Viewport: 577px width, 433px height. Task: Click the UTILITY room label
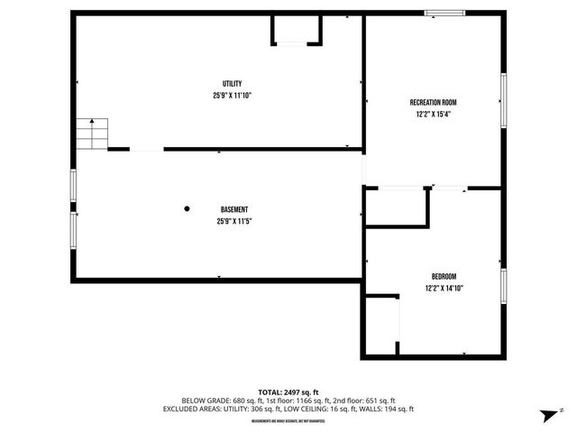[x=233, y=84]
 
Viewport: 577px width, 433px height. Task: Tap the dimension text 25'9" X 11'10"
[x=233, y=95]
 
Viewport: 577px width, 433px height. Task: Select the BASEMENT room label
[x=234, y=209]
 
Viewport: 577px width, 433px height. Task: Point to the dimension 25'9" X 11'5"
[x=234, y=221]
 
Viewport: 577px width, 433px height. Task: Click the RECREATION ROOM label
[x=433, y=103]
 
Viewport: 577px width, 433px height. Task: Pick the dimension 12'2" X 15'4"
[x=433, y=115]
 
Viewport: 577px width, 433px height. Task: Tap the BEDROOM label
[x=444, y=277]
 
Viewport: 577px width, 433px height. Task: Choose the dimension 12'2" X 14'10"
[x=444, y=289]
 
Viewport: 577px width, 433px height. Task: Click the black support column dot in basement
[x=188, y=208]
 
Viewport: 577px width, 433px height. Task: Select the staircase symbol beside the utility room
[x=91, y=134]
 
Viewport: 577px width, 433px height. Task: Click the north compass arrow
[x=547, y=414]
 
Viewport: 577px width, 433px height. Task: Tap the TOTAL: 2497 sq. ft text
[x=288, y=392]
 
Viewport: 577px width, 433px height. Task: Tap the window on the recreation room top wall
[x=445, y=13]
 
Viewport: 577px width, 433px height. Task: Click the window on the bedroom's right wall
[x=504, y=288]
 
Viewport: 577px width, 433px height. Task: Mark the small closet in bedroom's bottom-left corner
[x=381, y=325]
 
